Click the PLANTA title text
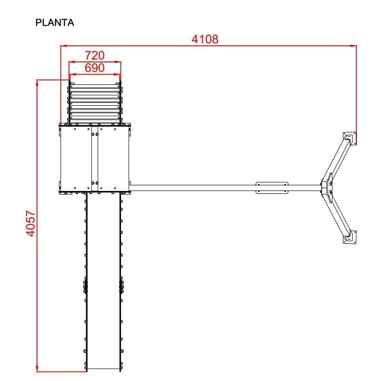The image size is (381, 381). pos(55,22)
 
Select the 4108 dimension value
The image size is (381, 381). pos(205,39)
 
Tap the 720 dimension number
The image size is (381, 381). pos(94,56)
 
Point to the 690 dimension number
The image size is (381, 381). pos(94,68)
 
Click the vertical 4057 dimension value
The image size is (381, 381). pos(31,223)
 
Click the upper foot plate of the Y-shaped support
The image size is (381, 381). pos(350,138)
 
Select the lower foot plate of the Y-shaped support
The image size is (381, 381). pos(350,237)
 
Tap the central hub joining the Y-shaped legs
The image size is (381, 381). pos(326,188)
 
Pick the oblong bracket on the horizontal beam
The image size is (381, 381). pos(272,188)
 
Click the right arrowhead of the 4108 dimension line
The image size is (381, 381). pos(353,45)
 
